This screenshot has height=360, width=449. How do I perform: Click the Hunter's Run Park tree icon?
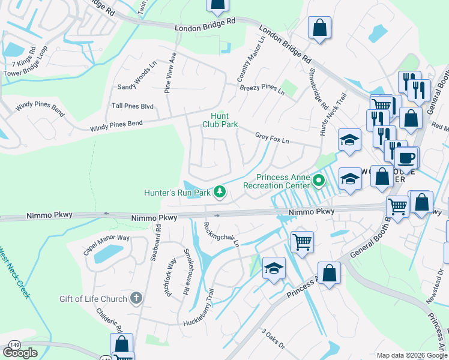coord(220,192)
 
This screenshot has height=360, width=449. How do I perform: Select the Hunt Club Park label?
coord(224,120)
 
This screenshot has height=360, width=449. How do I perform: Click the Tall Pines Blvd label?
coord(133,106)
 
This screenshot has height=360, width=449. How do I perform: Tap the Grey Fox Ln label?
coord(272,137)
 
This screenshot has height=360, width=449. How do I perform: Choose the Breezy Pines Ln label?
coord(262,88)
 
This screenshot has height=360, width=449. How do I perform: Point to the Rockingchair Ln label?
coord(221,234)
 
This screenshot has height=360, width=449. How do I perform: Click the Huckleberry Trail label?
coord(198,307)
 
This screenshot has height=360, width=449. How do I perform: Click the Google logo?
coord(20,353)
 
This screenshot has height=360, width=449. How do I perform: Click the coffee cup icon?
coord(406,158)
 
